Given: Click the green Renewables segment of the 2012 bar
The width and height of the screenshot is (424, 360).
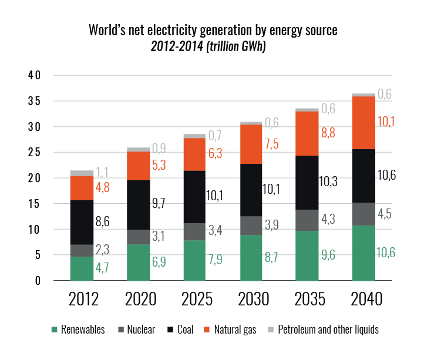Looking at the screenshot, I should (82, 268).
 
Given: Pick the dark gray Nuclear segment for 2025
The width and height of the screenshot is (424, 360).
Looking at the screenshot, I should (194, 231).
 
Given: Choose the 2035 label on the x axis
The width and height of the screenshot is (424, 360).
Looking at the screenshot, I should (309, 300).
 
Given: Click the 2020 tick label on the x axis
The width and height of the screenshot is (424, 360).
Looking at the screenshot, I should (140, 300).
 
